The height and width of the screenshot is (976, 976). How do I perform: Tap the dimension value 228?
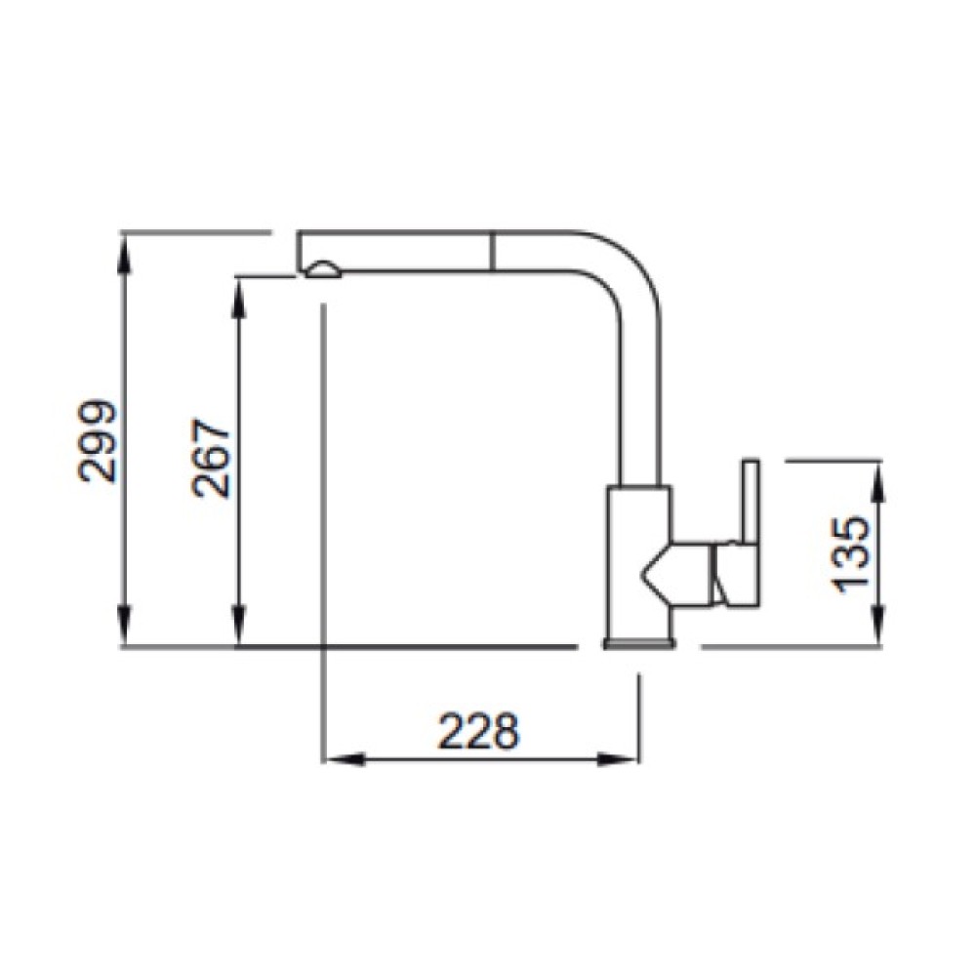(478, 730)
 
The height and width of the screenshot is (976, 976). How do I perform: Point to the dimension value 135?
(850, 554)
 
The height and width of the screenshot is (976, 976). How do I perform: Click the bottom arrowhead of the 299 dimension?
(126, 626)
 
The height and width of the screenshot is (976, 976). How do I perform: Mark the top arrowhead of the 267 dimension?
(239, 298)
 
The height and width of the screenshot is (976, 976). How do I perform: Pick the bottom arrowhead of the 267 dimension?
(239, 626)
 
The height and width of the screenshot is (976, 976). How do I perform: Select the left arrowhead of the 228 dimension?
(345, 760)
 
